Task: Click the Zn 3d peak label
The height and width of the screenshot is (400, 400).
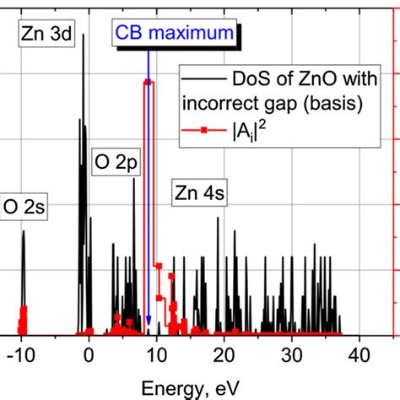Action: [46, 34]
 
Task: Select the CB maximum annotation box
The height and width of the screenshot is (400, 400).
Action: [175, 33]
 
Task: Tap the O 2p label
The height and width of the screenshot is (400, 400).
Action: [116, 162]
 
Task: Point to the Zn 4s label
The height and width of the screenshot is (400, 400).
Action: [199, 193]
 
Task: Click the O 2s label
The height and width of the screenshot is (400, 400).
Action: [24, 207]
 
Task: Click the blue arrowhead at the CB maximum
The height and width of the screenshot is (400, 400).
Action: [149, 321]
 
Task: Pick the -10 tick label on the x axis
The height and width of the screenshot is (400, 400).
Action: [21, 355]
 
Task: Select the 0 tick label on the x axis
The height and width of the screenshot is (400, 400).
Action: [89, 355]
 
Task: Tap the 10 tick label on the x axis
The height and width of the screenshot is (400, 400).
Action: [157, 355]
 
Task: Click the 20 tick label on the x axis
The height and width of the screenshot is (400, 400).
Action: [224, 355]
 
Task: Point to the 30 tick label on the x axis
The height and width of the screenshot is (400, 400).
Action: [292, 355]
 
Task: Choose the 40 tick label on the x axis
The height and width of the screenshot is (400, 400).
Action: [359, 355]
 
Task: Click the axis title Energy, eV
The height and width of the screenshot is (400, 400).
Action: [191, 388]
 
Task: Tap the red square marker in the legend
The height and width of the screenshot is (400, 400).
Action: [204, 130]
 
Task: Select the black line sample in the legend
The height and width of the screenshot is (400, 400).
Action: [204, 78]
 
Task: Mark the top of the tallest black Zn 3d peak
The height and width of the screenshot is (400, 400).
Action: [83, 35]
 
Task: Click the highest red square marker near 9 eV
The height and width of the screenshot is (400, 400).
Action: [149, 83]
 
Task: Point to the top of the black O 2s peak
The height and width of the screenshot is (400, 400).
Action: [24, 231]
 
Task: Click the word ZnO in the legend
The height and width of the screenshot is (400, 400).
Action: [317, 79]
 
